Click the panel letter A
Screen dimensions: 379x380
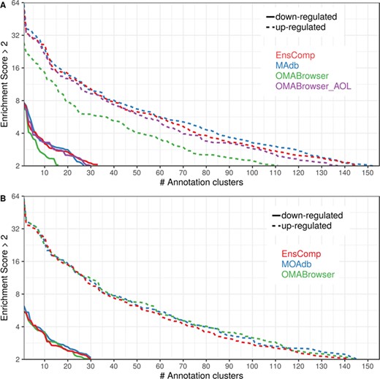[x=4, y=4]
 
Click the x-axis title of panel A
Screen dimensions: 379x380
[x=199, y=183]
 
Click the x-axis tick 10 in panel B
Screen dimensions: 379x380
[x=45, y=366]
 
